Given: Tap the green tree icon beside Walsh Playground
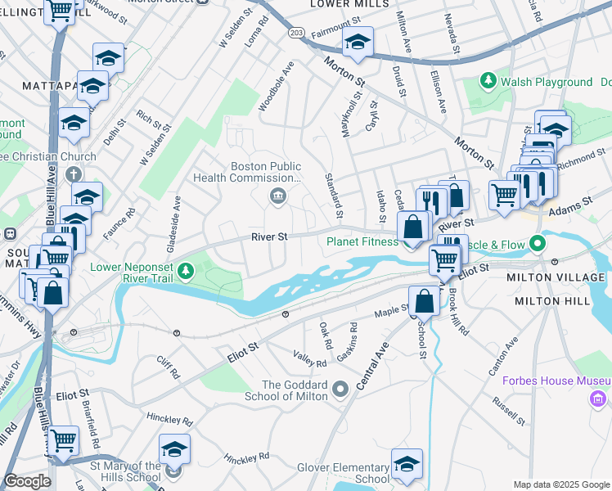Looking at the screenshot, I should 488,81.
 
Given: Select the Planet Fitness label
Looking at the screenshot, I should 362,241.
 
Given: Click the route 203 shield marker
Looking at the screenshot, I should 296,31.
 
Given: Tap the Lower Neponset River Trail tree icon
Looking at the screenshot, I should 187,270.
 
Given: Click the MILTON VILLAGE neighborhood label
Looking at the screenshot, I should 562,278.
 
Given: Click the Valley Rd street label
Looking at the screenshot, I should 310,358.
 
